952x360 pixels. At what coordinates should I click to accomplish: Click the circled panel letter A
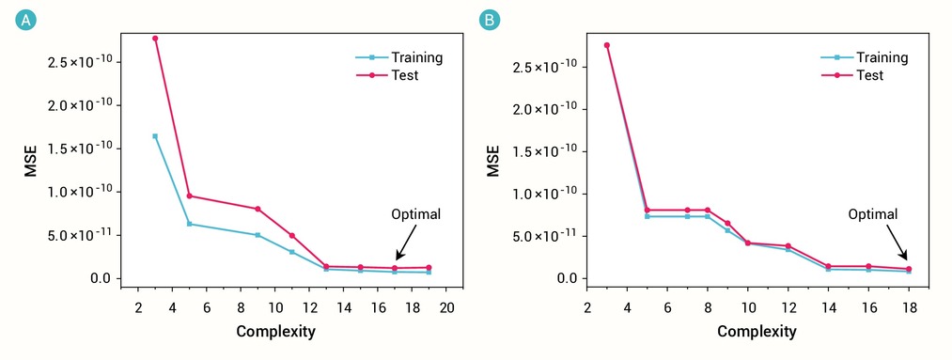tap(26, 21)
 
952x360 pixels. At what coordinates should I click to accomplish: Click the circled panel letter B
tap(490, 21)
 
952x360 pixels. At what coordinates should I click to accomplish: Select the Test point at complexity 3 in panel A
tap(155, 39)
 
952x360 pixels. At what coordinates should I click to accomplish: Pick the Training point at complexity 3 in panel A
tap(155, 136)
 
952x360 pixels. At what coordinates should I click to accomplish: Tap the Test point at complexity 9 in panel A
tap(258, 209)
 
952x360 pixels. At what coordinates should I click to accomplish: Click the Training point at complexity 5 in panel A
tap(190, 224)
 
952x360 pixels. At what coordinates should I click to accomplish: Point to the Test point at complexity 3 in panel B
tap(606, 45)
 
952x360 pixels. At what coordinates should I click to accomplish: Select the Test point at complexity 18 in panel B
tap(909, 269)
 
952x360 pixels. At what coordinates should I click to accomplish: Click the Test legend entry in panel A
tap(387, 75)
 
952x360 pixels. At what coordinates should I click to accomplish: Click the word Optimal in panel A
tap(415, 213)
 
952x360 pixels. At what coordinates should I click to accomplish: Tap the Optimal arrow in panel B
tap(890, 241)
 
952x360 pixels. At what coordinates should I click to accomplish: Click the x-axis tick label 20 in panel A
tap(446, 305)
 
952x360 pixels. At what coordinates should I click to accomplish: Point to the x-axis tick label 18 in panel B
tap(909, 305)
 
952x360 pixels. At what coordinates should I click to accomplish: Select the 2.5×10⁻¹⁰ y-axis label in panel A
tap(84, 62)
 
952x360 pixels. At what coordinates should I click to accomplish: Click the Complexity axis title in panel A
tap(275, 332)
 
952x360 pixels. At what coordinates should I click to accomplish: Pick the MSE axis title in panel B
tap(493, 161)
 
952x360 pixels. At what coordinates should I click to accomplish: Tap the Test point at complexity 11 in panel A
tap(292, 236)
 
